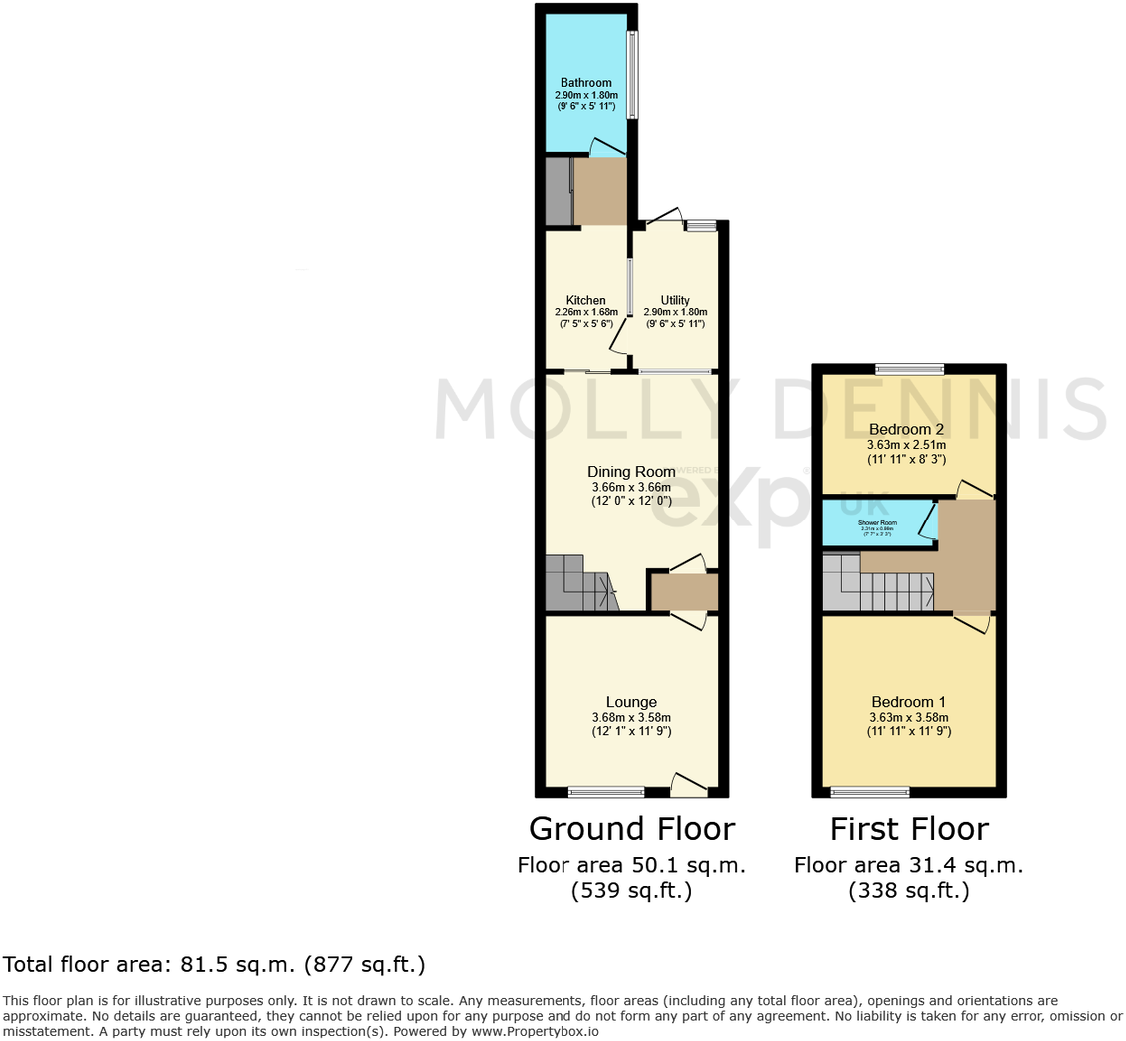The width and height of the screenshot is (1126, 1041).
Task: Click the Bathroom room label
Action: [x=585, y=83]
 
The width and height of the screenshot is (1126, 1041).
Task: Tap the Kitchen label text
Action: [x=586, y=300]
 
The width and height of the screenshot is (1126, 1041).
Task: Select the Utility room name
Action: [x=675, y=300]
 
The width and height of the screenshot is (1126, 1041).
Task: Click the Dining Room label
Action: [x=631, y=472]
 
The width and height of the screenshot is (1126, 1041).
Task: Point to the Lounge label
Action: [x=631, y=702]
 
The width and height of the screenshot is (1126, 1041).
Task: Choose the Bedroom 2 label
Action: [x=906, y=430]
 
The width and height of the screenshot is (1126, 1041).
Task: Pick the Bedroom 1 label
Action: [x=908, y=702]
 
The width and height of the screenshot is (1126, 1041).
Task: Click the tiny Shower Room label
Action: [x=877, y=522]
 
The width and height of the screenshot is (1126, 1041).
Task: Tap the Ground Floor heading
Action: [x=631, y=829]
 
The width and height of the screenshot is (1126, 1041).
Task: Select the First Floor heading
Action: [x=909, y=829]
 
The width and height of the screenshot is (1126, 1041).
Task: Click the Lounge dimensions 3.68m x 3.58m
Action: [x=631, y=717]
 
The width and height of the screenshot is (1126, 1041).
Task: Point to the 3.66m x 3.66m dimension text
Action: [x=631, y=488]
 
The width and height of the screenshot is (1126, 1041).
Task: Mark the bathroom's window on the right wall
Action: [x=633, y=75]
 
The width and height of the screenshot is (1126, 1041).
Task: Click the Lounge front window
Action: [x=606, y=792]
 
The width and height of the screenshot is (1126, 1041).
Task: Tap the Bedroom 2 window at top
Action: [x=909, y=368]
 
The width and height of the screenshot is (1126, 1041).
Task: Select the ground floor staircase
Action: [x=578, y=585]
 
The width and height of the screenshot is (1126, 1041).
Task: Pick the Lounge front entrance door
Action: [x=689, y=785]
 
